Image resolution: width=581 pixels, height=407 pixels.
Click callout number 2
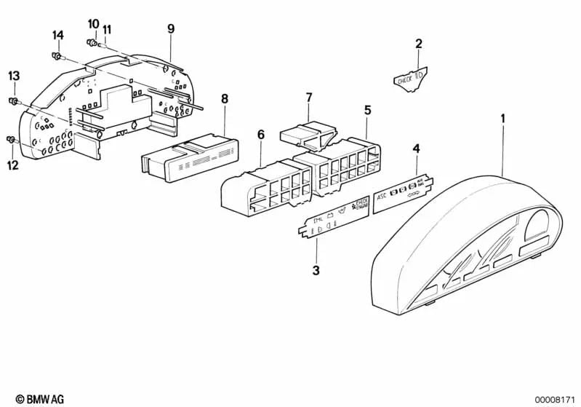pos(418,44)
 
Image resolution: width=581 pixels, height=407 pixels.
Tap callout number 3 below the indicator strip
pos(316,271)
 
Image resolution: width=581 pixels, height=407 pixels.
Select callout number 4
pos(416,149)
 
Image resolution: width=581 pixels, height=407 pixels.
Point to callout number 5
pos(367,110)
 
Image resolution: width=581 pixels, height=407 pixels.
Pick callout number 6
pos(261,135)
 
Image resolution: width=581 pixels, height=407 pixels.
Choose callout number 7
pos(308,97)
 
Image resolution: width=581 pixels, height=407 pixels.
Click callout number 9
pos(171,29)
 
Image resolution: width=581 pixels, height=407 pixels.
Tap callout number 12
pos(12,165)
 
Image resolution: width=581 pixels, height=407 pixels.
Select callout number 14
pos(58,35)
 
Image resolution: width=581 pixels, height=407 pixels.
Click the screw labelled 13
pos(13,100)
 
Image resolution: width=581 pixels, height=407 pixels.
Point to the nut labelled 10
pos(92,42)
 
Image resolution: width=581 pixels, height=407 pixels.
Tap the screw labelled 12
pos(11,139)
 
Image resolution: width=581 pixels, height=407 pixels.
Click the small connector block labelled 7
pos(305,135)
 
